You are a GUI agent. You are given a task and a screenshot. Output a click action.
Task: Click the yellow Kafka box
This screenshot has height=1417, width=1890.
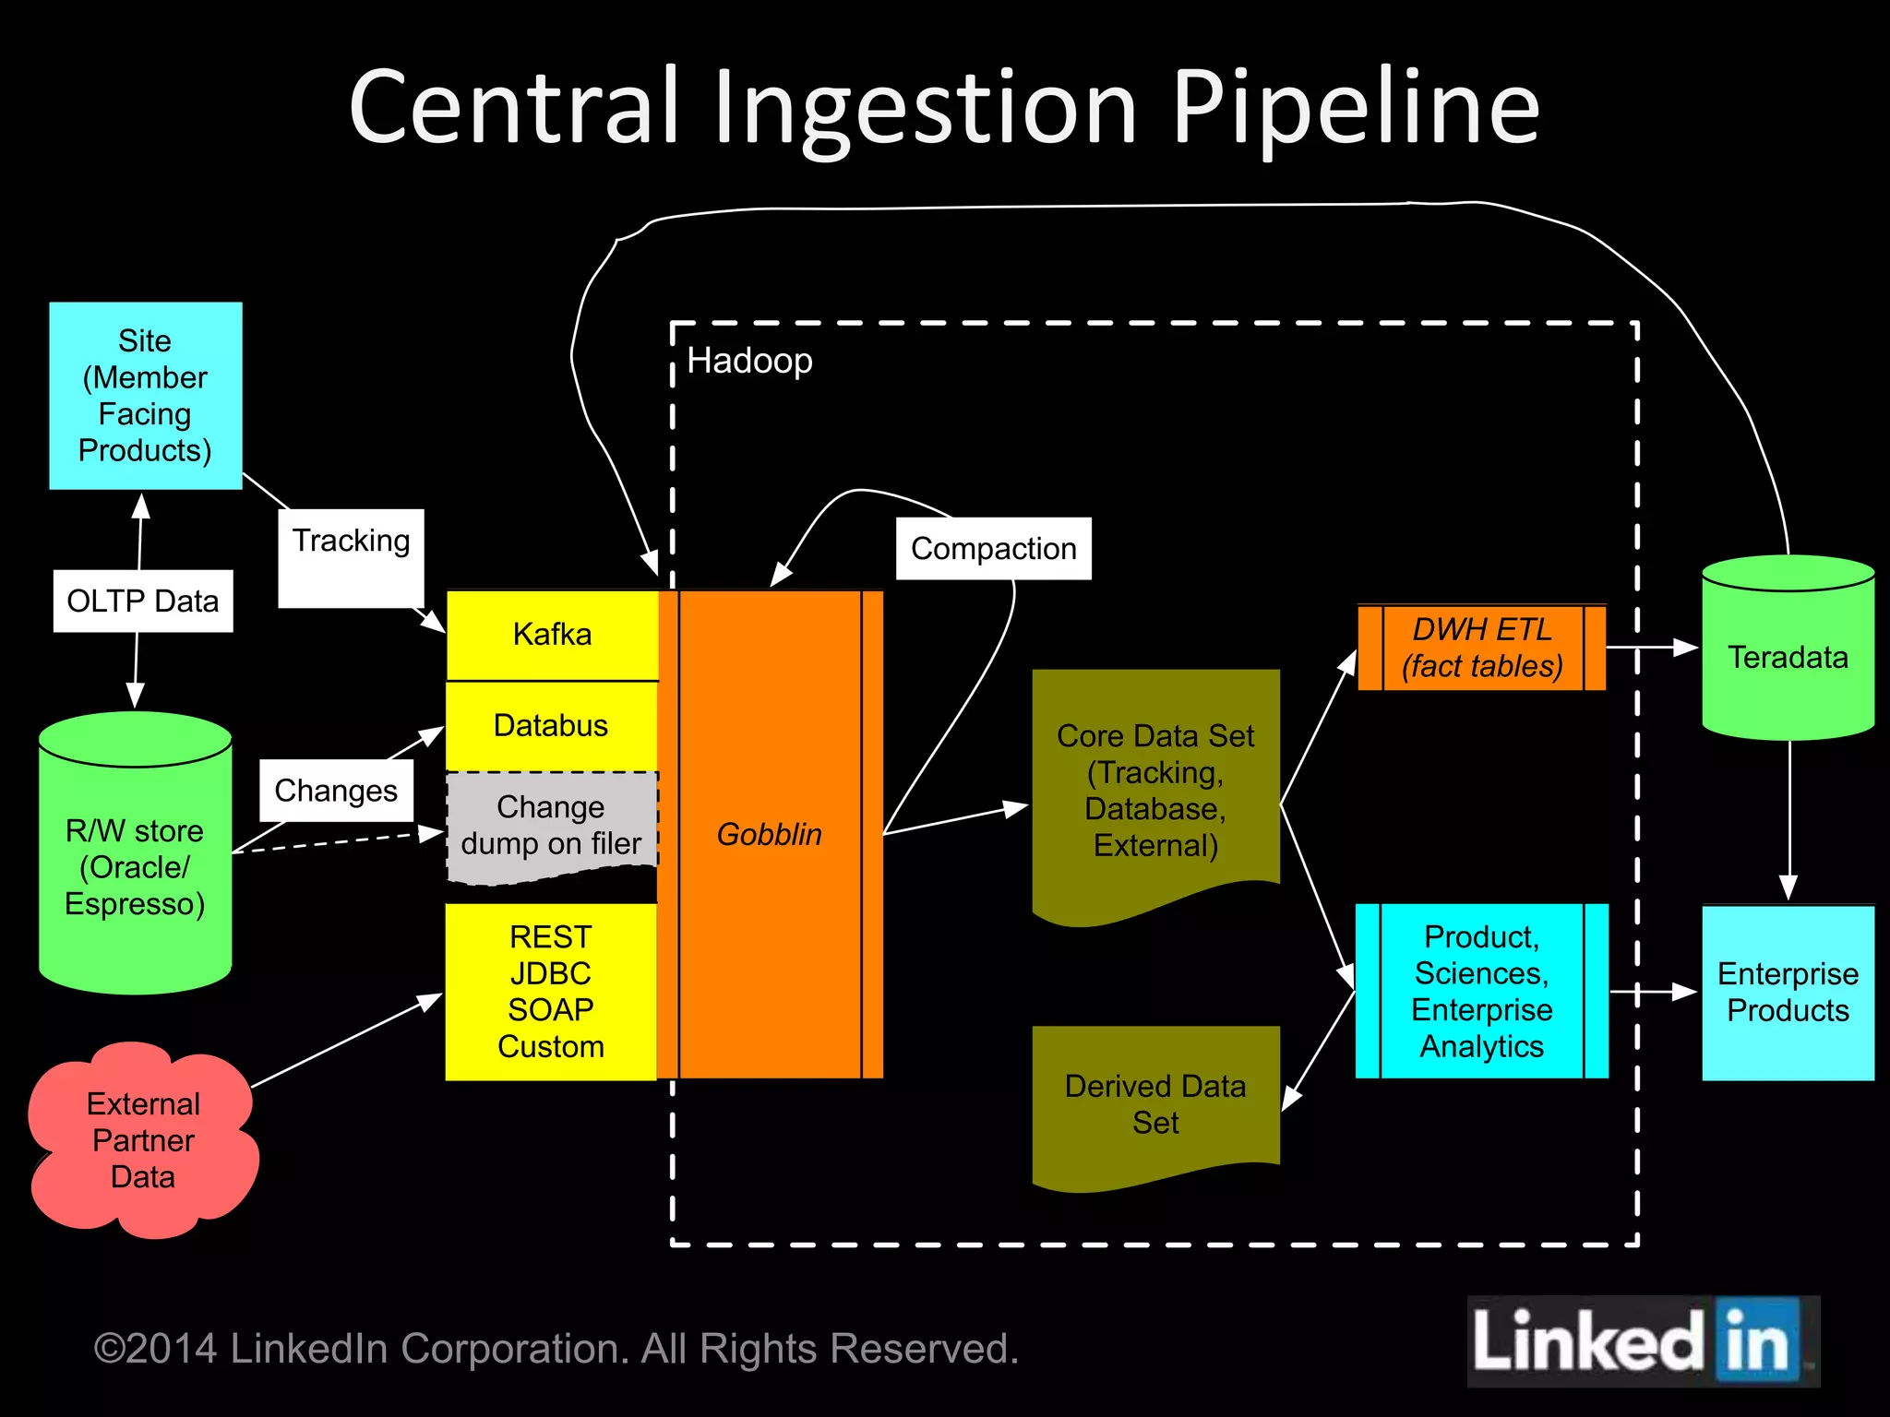pyautogui.click(x=552, y=635)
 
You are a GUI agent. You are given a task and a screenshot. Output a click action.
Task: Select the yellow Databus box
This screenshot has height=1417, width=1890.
pyautogui.click(x=551, y=726)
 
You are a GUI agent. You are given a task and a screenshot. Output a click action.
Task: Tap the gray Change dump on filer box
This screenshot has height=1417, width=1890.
pyautogui.click(x=551, y=826)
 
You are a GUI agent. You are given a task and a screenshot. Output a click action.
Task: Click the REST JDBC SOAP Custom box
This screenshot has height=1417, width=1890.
pyautogui.click(x=551, y=992)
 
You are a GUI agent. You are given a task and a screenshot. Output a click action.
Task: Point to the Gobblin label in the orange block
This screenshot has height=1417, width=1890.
pyautogui.click(x=769, y=834)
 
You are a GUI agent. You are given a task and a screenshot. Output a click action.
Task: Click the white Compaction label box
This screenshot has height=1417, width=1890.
pyautogui.click(x=993, y=549)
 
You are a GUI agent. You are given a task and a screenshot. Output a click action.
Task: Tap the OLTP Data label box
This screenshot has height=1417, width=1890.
pyautogui.click(x=143, y=601)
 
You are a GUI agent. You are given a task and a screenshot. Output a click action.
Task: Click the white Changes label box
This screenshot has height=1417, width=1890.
pyautogui.click(x=336, y=791)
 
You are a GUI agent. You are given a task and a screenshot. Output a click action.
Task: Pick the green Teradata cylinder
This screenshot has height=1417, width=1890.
pyautogui.click(x=1788, y=657)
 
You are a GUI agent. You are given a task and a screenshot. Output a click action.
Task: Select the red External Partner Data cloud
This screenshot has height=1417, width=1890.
pyautogui.click(x=143, y=1140)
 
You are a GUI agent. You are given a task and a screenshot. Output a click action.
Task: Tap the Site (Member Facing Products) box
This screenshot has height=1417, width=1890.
pyautogui.click(x=145, y=396)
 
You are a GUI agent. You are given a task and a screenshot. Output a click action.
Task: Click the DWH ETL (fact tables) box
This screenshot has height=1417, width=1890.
pyautogui.click(x=1481, y=648)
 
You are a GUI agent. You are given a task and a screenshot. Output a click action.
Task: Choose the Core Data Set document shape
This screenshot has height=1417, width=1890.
pyautogui.click(x=1155, y=790)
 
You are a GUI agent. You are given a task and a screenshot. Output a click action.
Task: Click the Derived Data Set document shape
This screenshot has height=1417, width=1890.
pyautogui.click(x=1155, y=1103)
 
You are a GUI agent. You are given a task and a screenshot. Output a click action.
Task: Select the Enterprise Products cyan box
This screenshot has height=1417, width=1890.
pyautogui.click(x=1788, y=992)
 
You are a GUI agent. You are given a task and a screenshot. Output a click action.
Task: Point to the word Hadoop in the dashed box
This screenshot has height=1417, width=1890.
pyautogui.click(x=749, y=361)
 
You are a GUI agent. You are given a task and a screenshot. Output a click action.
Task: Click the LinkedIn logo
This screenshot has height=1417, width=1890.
pyautogui.click(x=1642, y=1342)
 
